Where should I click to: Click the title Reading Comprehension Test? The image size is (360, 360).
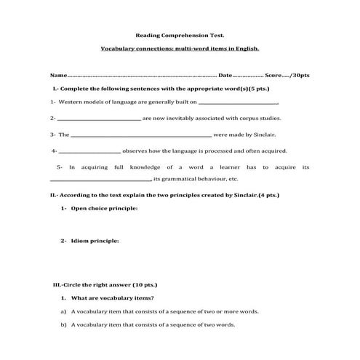click(180, 34)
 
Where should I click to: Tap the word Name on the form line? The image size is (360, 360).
click(57, 76)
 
